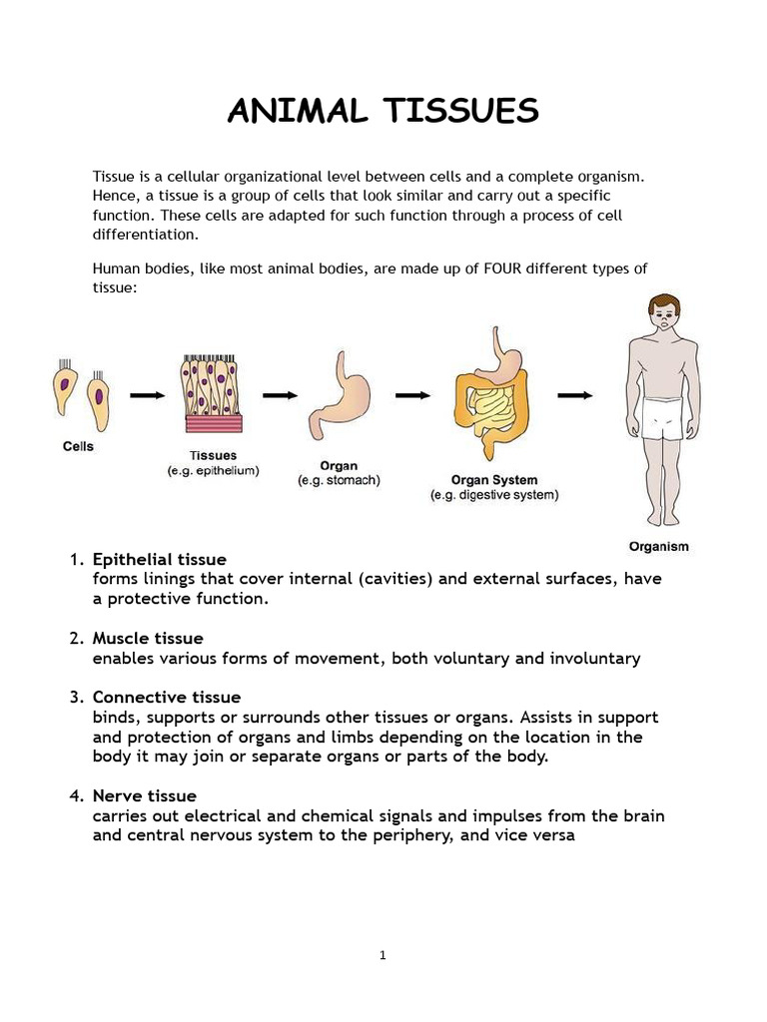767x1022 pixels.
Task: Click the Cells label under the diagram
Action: click(x=78, y=446)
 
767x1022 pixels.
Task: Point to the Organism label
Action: click(x=658, y=546)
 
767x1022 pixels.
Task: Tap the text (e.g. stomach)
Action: click(x=339, y=480)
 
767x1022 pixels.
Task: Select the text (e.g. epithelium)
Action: click(x=214, y=471)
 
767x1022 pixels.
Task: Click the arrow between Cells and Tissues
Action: click(x=147, y=395)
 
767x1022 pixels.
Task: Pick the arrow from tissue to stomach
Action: click(x=280, y=395)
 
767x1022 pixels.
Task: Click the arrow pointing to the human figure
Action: click(x=574, y=395)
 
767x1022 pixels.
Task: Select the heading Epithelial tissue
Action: click(x=160, y=559)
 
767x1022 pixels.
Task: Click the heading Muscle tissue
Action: click(x=148, y=638)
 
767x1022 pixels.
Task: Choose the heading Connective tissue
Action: click(x=167, y=697)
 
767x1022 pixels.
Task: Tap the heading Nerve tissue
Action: click(x=145, y=795)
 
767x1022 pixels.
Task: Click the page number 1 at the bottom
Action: click(x=383, y=955)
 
